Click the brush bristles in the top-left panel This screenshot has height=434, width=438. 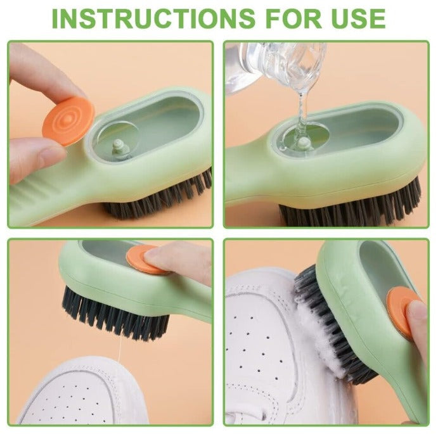[x=158, y=198]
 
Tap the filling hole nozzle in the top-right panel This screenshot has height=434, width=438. [x=302, y=143]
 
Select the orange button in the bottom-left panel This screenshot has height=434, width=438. [x=145, y=260]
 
